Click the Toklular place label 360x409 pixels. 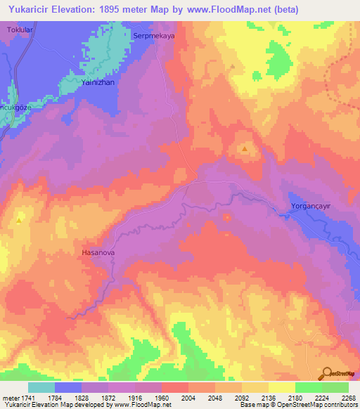pos(20,31)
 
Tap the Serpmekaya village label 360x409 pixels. pos(153,34)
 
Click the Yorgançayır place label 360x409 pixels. pos(310,206)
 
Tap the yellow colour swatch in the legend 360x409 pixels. pos(281,387)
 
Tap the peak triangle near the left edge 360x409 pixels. pos(19,221)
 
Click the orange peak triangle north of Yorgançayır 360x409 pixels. pos(245,149)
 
